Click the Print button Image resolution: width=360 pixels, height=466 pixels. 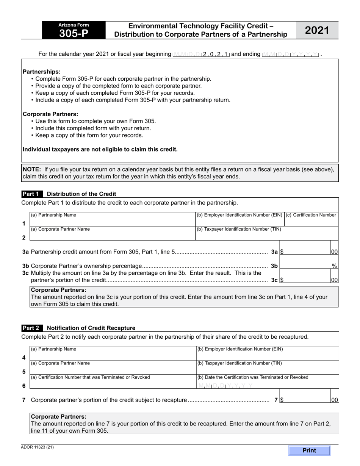click(309, 450)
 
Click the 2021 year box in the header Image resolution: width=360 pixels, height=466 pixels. click(317, 30)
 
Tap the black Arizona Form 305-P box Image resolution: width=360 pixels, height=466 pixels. click(74, 30)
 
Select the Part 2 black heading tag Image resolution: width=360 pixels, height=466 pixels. click(32, 328)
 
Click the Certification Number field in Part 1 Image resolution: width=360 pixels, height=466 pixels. click(311, 222)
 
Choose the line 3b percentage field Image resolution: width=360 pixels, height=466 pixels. click(305, 266)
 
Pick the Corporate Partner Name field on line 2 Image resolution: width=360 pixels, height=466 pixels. click(112, 236)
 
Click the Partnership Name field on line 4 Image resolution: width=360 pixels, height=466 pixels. click(112, 356)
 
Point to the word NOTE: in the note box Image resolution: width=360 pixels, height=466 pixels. click(32, 169)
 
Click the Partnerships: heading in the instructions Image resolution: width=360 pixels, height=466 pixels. click(42, 72)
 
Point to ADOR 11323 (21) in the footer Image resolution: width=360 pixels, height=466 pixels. click(38, 447)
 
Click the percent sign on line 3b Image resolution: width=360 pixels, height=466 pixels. click(334, 266)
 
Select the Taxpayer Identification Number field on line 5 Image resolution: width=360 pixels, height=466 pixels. click(267, 370)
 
